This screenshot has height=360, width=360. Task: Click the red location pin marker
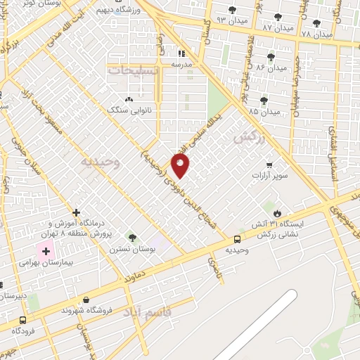coord(181,166)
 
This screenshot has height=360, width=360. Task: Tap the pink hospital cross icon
coord(46,251)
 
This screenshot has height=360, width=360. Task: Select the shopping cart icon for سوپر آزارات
coord(269,165)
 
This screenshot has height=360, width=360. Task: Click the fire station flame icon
coord(277,212)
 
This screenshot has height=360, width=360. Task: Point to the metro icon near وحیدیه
coord(236,238)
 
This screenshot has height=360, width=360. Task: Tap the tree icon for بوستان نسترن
coord(131,238)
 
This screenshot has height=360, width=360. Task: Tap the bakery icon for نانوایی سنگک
coord(129,99)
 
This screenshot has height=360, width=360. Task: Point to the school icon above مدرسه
coord(181,53)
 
